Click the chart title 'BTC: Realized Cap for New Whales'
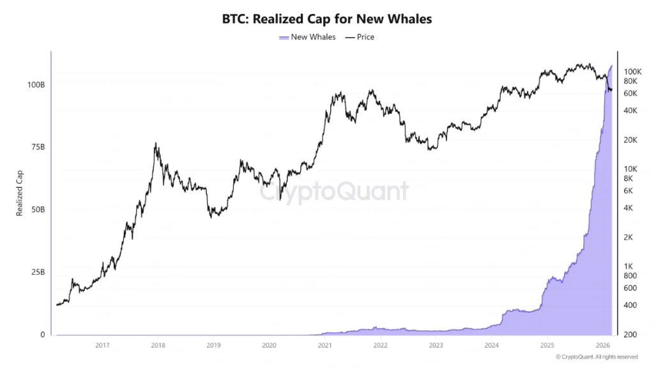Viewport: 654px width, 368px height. pyautogui.click(x=326, y=19)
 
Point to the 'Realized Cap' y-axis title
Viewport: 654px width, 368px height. pyautogui.click(x=20, y=192)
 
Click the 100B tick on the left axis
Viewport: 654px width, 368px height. pyautogui.click(x=36, y=85)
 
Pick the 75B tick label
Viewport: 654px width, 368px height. pyautogui.click(x=38, y=147)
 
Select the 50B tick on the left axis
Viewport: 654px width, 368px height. pyautogui.click(x=38, y=210)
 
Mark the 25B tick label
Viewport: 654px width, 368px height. pyautogui.click(x=38, y=272)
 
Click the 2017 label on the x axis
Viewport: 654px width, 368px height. pyautogui.click(x=102, y=346)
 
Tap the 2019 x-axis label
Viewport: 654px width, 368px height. pyautogui.click(x=213, y=346)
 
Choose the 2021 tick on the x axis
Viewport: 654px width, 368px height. pyautogui.click(x=324, y=346)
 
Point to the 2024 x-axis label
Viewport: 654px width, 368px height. pyautogui.click(x=491, y=346)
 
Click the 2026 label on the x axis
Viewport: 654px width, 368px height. pyautogui.click(x=602, y=346)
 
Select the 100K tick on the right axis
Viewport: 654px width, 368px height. pyautogui.click(x=632, y=72)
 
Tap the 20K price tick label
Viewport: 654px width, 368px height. pyautogui.click(x=630, y=140)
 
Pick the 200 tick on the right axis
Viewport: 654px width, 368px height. pyautogui.click(x=629, y=335)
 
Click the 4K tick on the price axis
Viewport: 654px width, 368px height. pyautogui.click(x=628, y=208)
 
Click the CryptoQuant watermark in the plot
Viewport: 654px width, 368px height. pyautogui.click(x=334, y=190)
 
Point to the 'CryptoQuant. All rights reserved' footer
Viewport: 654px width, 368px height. pyautogui.click(x=597, y=356)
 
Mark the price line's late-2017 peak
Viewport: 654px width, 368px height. pyautogui.click(x=156, y=144)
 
